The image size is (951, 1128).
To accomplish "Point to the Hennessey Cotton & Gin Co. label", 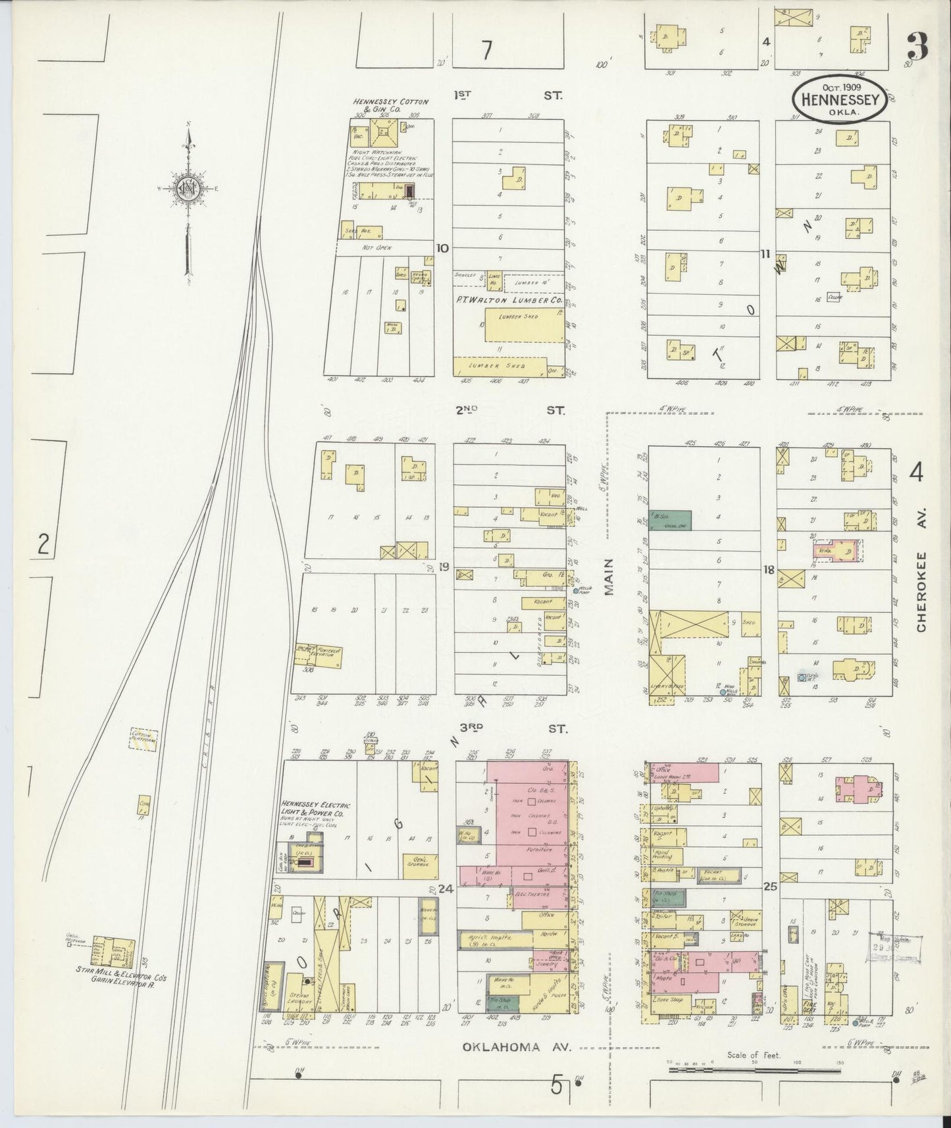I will (x=390, y=105).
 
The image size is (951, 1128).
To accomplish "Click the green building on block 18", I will (x=669, y=519).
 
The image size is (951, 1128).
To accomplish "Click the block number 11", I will (x=765, y=253).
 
